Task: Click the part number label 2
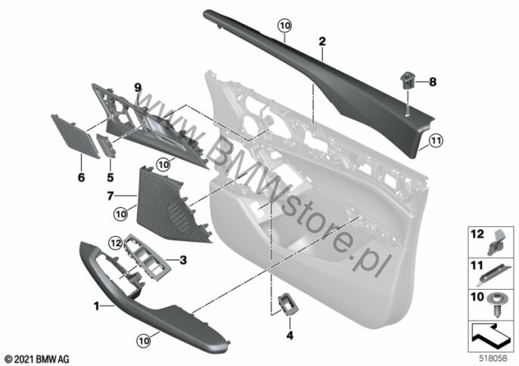tap(322, 42)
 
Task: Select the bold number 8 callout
tap(433, 82)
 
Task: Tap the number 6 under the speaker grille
tap(81, 178)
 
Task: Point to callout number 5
tap(110, 178)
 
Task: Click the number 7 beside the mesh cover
tap(110, 196)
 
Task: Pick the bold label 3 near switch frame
tap(183, 260)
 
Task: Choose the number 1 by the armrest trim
tap(96, 306)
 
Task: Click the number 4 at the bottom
tap(290, 335)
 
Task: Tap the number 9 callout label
tap(138, 88)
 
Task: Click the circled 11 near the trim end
tap(436, 141)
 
